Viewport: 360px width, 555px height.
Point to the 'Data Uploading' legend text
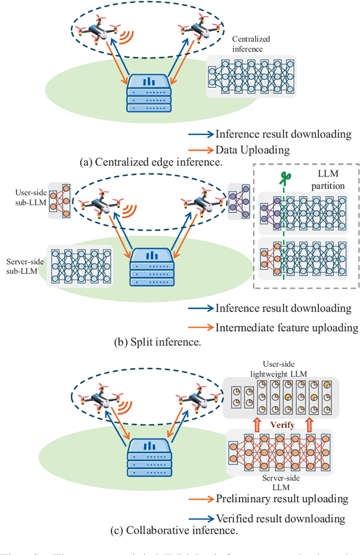point(253,150)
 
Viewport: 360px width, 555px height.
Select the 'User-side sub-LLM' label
point(25,197)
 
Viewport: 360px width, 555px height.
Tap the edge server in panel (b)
point(148,267)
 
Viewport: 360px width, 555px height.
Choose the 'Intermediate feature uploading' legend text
point(286,327)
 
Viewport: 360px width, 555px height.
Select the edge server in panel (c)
point(148,455)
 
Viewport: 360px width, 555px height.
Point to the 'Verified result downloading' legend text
point(280,518)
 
